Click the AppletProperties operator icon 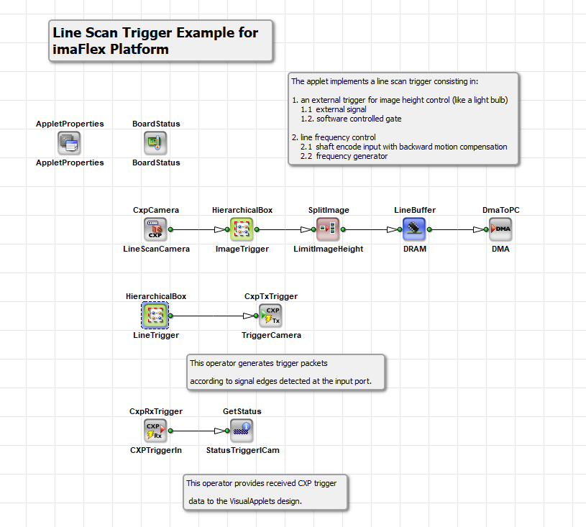(69, 143)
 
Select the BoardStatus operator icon (155, 143)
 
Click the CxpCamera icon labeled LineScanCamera (155, 229)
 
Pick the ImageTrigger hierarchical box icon (242, 229)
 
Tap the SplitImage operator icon (328, 229)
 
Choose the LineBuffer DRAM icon (414, 229)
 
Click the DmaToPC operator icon (500, 229)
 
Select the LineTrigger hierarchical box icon (155, 316)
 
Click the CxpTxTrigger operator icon (270, 316)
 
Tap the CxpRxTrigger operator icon (155, 431)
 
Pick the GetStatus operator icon (242, 431)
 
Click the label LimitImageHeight (328, 249)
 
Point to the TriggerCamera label (271, 335)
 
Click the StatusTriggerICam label (242, 450)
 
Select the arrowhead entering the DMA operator (478, 229)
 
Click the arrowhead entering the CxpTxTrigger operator (248, 316)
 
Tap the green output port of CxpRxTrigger (171, 431)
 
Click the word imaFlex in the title (79, 50)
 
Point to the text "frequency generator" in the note (352, 156)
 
